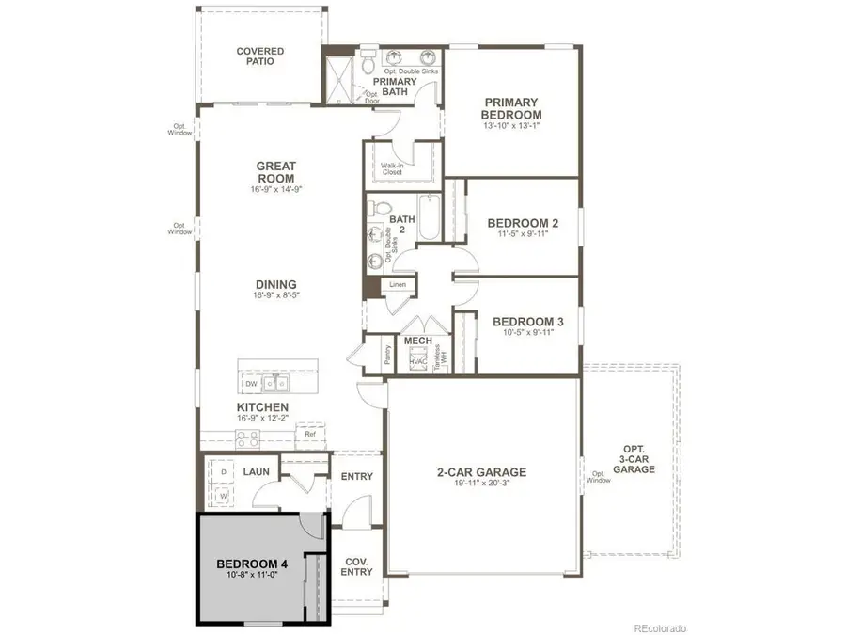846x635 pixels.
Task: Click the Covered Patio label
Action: [x=259, y=57]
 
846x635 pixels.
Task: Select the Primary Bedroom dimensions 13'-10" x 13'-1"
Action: [x=511, y=126]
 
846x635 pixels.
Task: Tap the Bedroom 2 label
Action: [x=523, y=224]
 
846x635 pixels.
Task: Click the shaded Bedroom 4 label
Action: [x=251, y=564]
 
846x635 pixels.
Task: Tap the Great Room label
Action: [x=275, y=172]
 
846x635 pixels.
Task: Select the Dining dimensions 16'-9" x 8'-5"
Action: [x=275, y=295]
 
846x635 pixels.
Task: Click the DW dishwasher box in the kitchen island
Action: [x=251, y=384]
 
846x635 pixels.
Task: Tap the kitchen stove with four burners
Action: [x=246, y=437]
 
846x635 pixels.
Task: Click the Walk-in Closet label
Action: [x=392, y=170]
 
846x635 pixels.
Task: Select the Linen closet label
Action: [x=397, y=283]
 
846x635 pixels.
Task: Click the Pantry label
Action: [x=387, y=356]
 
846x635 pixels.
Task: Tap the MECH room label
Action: [x=416, y=341]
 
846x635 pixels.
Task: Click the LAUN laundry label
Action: [x=256, y=471]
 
